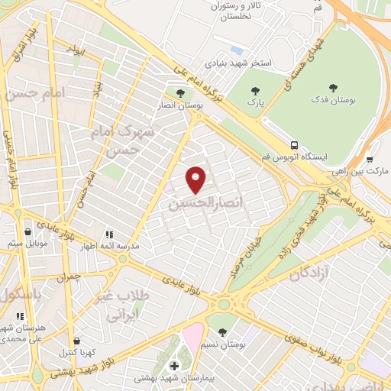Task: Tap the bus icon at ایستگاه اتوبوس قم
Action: (294, 145)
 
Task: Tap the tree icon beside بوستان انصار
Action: (179, 94)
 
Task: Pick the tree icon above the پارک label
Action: (255, 90)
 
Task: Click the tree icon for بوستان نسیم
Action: (221, 331)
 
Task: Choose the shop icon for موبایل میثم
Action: (28, 232)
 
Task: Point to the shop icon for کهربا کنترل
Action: (76, 341)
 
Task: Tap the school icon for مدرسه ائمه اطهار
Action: (108, 234)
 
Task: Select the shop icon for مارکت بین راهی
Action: (370, 160)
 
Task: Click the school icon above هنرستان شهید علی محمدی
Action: (20, 315)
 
